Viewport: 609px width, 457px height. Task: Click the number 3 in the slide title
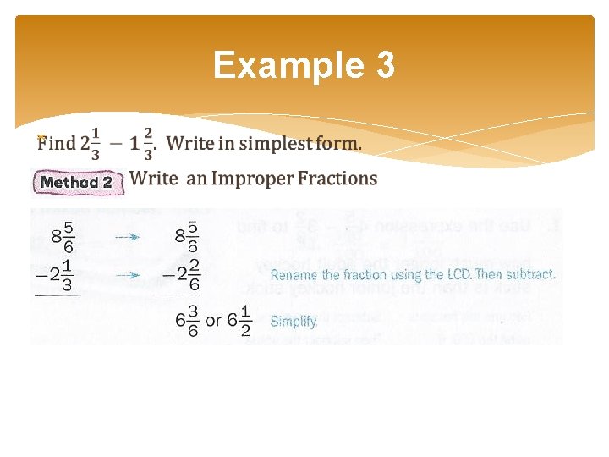[x=385, y=65]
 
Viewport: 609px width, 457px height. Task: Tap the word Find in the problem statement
[x=57, y=144]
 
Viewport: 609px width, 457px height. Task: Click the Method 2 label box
[x=77, y=182]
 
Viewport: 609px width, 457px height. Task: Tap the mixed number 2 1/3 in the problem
[x=91, y=143]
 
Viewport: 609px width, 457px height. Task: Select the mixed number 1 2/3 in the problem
[x=142, y=143]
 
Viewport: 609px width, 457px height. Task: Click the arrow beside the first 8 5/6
[x=127, y=238]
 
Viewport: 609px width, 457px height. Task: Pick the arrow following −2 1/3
[x=127, y=275]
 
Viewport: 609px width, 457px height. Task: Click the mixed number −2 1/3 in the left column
[x=56, y=275]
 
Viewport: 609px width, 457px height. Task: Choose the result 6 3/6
[x=187, y=322]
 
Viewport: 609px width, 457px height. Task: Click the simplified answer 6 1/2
[x=239, y=322]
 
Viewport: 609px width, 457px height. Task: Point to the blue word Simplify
[x=294, y=322]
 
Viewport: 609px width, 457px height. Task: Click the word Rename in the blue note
[x=294, y=275]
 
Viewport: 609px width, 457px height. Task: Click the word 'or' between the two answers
[x=213, y=322]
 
